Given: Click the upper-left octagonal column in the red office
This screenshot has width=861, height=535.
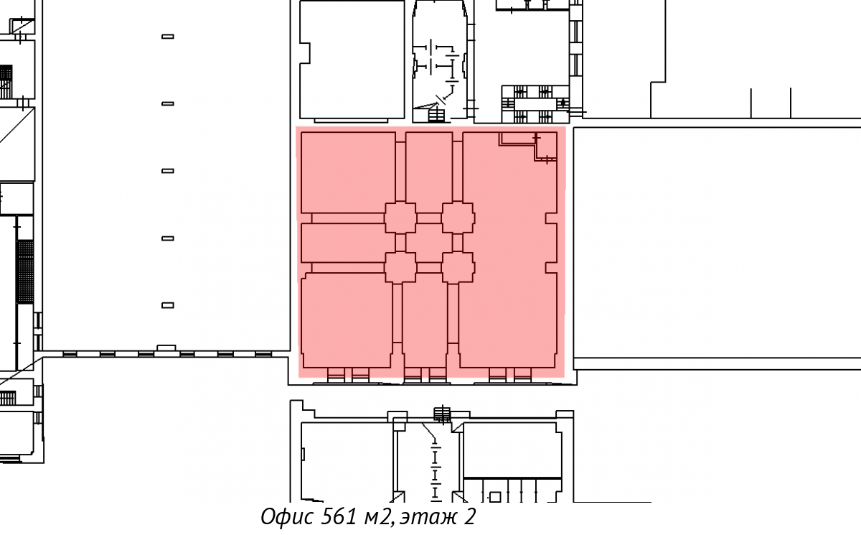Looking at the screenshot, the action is pyautogui.click(x=400, y=218).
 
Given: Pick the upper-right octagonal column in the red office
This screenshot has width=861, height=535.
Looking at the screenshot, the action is pyautogui.click(x=458, y=218).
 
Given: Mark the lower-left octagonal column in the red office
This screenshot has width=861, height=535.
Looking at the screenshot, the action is pyautogui.click(x=400, y=268).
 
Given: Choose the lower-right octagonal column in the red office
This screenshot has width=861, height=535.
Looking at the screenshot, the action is pyautogui.click(x=458, y=268).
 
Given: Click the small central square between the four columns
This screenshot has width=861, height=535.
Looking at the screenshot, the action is pyautogui.click(x=429, y=243).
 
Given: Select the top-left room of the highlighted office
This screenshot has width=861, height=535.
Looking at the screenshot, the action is pyautogui.click(x=348, y=172).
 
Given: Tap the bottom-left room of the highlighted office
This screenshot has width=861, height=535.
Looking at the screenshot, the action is pyautogui.click(x=347, y=320).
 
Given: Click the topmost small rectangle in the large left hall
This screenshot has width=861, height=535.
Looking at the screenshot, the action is pyautogui.click(x=168, y=37).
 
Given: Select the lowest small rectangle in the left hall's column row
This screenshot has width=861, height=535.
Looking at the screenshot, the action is pyautogui.click(x=168, y=305).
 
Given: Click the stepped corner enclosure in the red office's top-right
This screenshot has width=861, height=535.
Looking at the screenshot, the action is pyautogui.click(x=528, y=146).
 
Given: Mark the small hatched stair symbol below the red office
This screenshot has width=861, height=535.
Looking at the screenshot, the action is pyautogui.click(x=442, y=414).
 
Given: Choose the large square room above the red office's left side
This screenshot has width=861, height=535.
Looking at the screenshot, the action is pyautogui.click(x=352, y=60).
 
